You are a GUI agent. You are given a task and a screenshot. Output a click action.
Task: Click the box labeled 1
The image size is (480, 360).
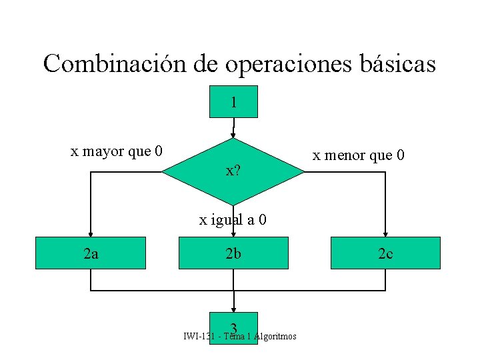tap(233, 102)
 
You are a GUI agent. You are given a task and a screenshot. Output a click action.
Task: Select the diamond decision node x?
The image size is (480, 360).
tap(233, 171)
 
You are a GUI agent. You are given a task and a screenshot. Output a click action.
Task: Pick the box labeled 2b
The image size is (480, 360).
tap(233, 253)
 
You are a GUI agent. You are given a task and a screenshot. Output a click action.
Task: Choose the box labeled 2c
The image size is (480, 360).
tap(385, 253)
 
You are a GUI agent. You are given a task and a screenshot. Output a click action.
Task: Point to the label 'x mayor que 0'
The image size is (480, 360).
tap(117, 151)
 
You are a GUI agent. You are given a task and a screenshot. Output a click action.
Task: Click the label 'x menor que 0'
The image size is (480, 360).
tap(359, 156)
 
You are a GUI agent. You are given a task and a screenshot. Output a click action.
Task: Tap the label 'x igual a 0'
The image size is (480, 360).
tap(233, 219)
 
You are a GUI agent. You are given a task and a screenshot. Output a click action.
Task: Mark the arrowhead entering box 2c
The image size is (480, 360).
tap(385, 232)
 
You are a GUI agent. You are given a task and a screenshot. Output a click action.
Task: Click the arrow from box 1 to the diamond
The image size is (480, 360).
tap(233, 129)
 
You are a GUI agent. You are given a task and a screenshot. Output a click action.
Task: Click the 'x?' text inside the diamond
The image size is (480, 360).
tap(233, 171)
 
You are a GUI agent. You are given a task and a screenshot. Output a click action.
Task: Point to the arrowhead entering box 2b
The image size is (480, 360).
tap(233, 233)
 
